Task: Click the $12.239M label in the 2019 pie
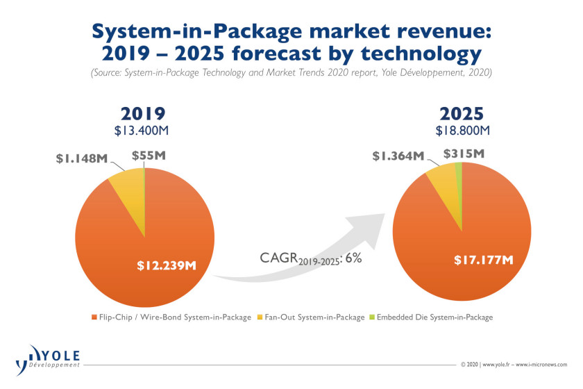pos(167,265)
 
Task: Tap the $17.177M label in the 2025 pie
pos(484,260)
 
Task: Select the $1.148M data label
pos(82,158)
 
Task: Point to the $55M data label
pos(149,155)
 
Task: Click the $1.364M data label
pos(398,156)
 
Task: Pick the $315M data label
pos(464,154)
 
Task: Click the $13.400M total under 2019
pos(142,131)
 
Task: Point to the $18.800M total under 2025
pos(462,131)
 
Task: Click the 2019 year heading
pos(143,113)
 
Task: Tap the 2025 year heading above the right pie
pos(462,113)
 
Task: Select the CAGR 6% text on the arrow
pos(310,258)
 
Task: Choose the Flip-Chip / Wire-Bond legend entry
pos(171,317)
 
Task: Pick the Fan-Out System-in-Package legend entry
pos(311,317)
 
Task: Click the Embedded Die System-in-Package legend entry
pos(431,317)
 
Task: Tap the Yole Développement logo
pos(48,360)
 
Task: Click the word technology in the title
pos(421,54)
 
